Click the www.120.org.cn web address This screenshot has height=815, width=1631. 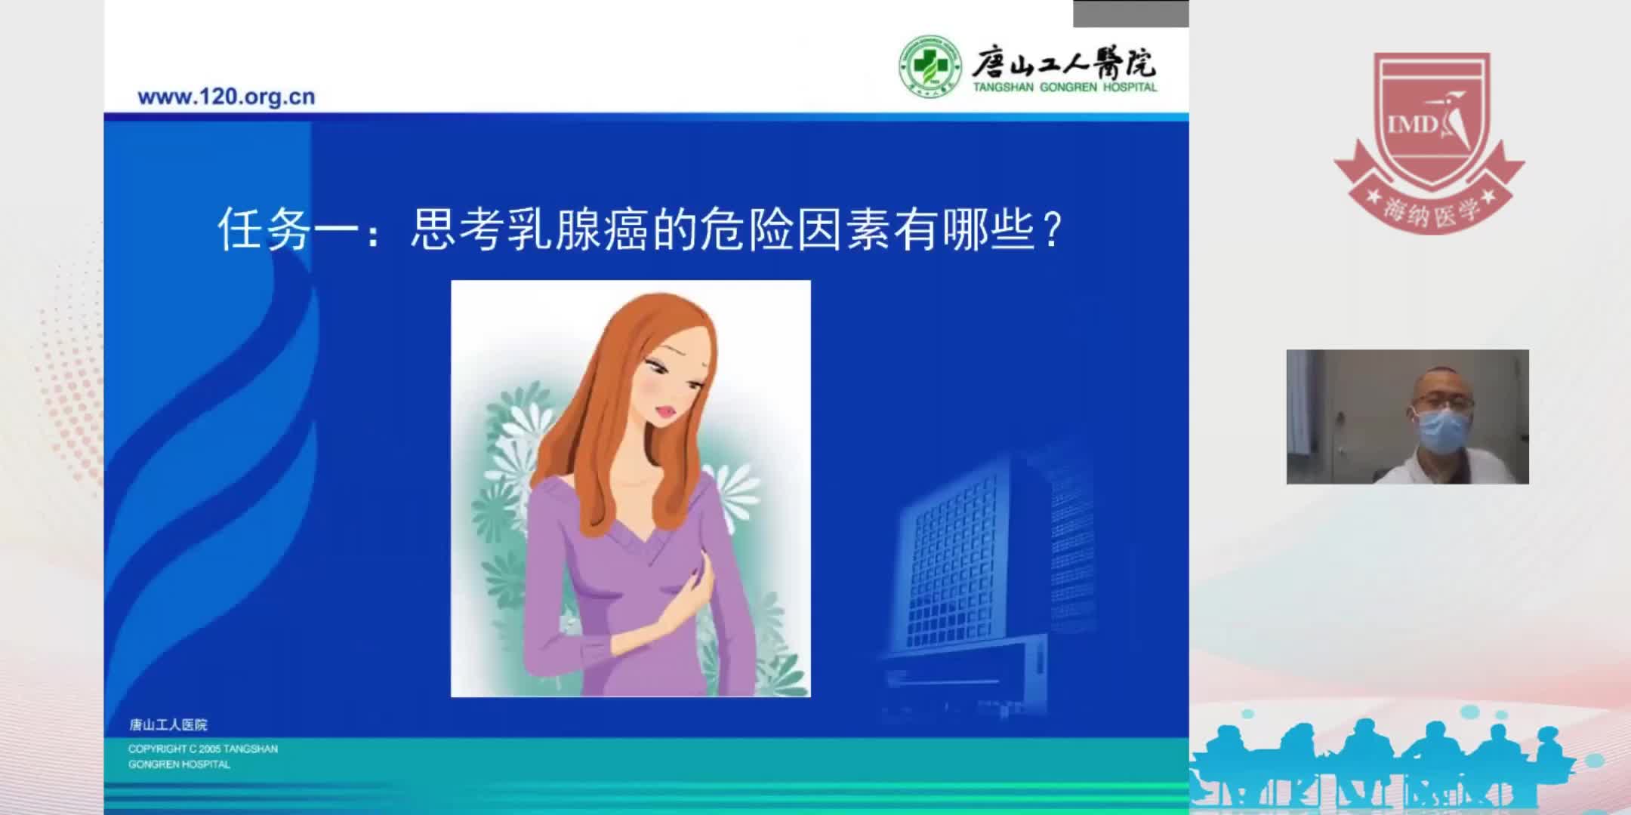click(x=226, y=97)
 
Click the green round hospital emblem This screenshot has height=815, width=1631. click(x=930, y=66)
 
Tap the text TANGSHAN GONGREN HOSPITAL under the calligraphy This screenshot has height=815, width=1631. click(x=1065, y=88)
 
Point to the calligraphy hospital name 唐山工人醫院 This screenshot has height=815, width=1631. click(x=1063, y=62)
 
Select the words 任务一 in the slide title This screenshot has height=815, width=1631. click(x=287, y=229)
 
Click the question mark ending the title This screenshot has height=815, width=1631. click(x=1052, y=229)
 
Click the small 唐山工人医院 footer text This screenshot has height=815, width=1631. click(x=168, y=724)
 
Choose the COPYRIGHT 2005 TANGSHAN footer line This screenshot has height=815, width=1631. click(x=202, y=749)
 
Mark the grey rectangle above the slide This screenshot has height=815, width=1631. click(x=1130, y=14)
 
